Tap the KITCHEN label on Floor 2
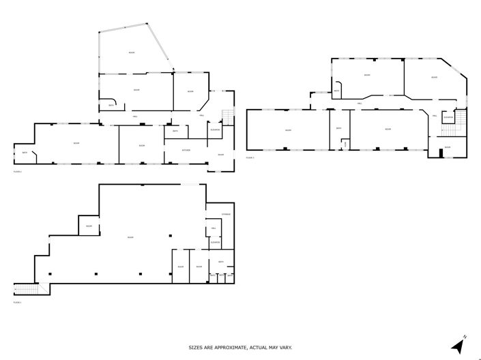(186, 149)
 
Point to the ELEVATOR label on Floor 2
(215, 129)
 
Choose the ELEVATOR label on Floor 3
(448, 117)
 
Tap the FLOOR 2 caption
(18, 172)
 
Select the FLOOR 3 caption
(250, 157)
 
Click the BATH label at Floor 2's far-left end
(25, 152)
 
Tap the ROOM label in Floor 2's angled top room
(132, 52)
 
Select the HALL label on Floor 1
(214, 228)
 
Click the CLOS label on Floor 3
(345, 143)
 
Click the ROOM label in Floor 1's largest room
(130, 237)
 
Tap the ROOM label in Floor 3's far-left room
(289, 130)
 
